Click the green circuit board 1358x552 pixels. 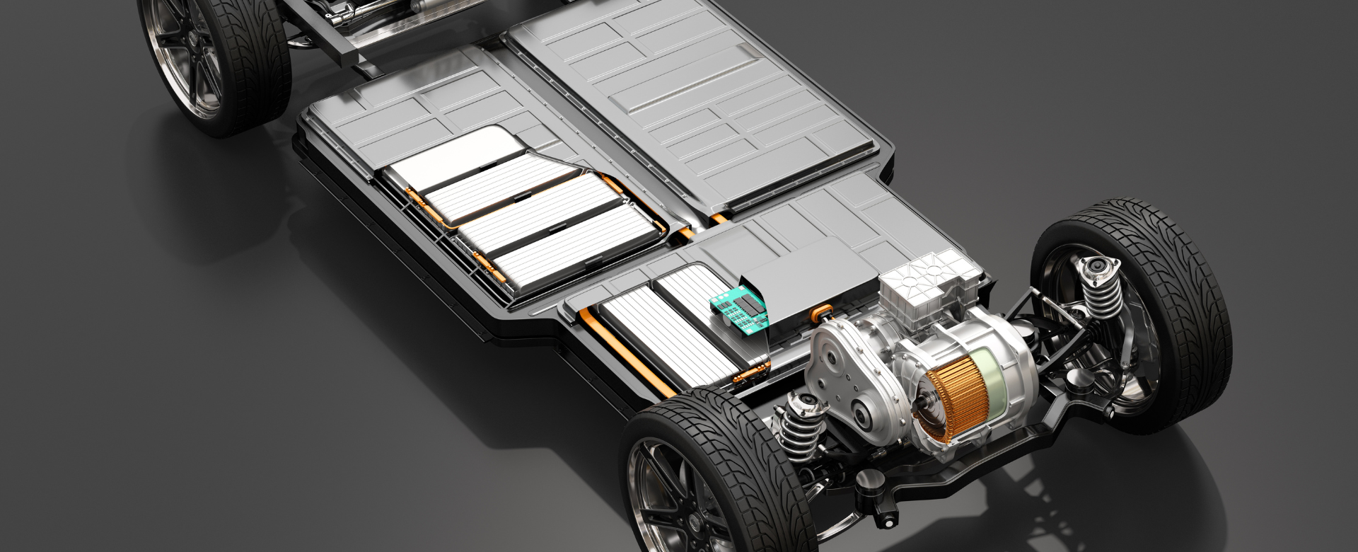coord(739,311)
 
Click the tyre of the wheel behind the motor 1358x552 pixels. coord(1174,297)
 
